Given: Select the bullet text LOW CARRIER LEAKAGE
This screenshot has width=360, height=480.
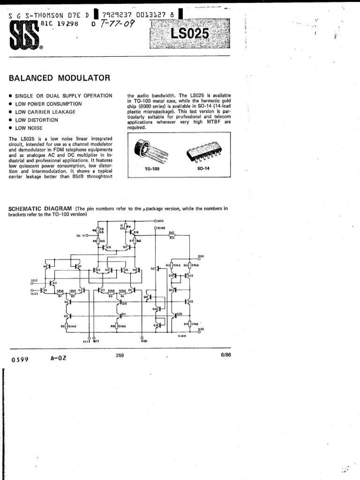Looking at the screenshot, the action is pos(45,112).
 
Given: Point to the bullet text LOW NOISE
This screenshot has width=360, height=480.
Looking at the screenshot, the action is pos(29,128).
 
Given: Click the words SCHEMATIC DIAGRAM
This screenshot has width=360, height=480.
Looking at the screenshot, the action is pos(40,208).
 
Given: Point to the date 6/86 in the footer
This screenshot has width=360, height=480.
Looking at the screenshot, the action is pos(225,355).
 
